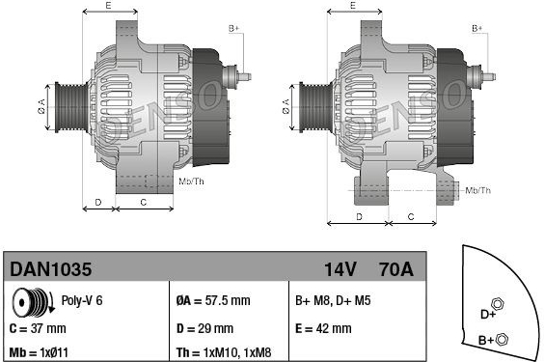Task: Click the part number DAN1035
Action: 51,269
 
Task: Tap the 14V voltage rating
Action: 340,269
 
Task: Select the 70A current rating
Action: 396,269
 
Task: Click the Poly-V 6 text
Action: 82,300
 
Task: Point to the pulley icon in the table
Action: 33,301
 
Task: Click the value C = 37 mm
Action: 38,328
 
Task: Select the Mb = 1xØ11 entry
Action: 39,352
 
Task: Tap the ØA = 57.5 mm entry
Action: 213,300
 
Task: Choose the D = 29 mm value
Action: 204,328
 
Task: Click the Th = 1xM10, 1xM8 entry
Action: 224,352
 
